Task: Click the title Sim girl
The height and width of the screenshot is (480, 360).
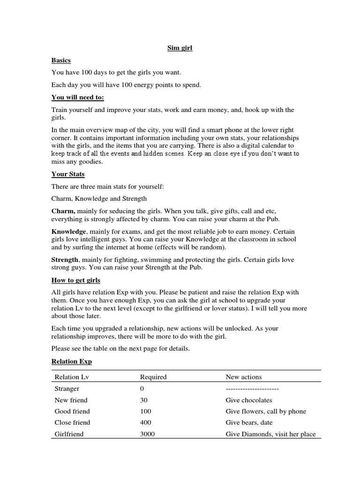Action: click(x=180, y=48)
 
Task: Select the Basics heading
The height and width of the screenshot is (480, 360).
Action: click(x=61, y=60)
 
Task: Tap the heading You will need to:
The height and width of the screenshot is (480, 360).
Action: click(x=77, y=97)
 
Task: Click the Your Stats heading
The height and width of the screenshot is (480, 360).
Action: click(x=67, y=174)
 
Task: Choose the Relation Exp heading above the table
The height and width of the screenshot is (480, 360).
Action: click(x=71, y=361)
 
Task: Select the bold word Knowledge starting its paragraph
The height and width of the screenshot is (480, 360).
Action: click(x=68, y=232)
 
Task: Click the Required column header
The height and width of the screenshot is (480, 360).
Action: click(x=153, y=377)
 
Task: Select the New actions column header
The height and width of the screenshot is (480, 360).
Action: click(x=244, y=377)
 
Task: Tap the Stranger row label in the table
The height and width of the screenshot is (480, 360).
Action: click(x=67, y=389)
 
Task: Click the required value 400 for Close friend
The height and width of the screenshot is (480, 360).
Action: click(x=146, y=423)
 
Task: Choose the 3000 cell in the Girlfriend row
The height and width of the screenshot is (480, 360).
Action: click(x=147, y=434)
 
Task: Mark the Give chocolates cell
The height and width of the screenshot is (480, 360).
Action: click(x=249, y=400)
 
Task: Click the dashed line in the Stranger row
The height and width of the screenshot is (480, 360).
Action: click(x=252, y=389)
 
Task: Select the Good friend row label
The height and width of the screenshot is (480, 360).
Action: click(x=72, y=412)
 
